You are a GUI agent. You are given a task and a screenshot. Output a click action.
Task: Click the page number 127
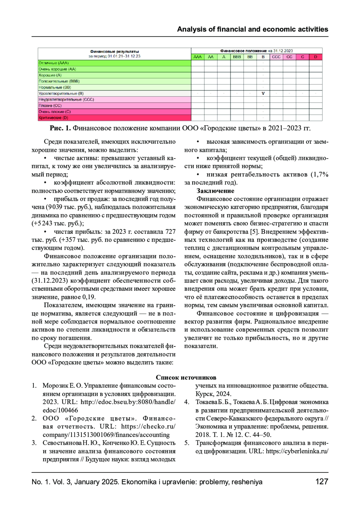coord(322,482)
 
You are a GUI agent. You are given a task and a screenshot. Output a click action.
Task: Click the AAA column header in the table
coord(198,57)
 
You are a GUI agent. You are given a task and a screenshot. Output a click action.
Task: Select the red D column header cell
coord(316,57)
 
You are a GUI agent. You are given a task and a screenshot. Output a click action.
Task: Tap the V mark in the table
coord(263,93)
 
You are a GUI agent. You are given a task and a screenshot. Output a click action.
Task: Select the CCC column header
coord(276,57)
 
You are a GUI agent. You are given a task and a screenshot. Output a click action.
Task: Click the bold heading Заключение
coord(215,191)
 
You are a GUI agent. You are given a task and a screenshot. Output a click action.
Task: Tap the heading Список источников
coord(186,377)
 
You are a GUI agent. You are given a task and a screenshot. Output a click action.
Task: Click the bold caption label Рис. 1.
coord(60,128)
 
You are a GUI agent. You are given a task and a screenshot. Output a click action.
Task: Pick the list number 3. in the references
coord(34,443)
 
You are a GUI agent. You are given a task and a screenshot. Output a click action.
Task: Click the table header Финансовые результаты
coord(114,52)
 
